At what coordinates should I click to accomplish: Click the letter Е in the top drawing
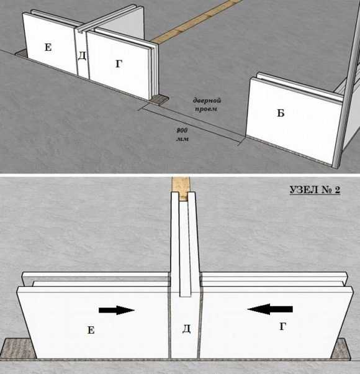point(48,47)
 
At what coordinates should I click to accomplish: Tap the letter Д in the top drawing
point(82,56)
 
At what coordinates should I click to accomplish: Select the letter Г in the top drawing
point(119,64)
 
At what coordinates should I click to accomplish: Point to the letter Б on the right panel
point(281,113)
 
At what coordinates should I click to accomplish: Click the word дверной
point(207,101)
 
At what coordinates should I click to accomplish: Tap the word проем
point(206,109)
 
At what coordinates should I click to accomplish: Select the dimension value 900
point(182,130)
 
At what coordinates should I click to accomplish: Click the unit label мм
point(182,139)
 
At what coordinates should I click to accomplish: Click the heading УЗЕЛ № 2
point(315,190)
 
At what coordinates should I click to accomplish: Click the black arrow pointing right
point(117,310)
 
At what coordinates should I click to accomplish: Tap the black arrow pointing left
point(270,309)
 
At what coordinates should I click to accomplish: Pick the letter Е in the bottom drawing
point(91,330)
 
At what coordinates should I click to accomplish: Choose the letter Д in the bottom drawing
point(186,329)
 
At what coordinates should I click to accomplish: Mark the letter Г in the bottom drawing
point(282,326)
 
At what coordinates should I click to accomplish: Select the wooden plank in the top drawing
point(196,22)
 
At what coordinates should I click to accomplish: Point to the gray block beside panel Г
point(159,99)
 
